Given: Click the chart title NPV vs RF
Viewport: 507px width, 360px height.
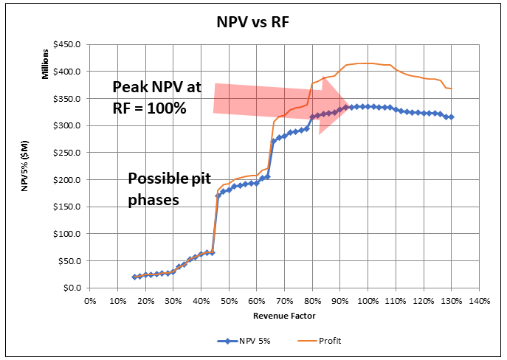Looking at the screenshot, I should pyautogui.click(x=253, y=21).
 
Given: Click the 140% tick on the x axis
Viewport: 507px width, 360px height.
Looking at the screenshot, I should pyautogui.click(x=479, y=301).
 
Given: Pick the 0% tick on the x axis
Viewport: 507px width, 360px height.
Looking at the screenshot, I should pyautogui.click(x=90, y=301).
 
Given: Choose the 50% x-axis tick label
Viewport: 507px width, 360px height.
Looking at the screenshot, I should pyautogui.click(x=229, y=301).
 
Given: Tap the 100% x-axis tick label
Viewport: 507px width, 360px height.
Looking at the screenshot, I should pyautogui.click(x=368, y=301).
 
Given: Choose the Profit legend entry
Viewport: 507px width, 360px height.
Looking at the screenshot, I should pyautogui.click(x=330, y=341).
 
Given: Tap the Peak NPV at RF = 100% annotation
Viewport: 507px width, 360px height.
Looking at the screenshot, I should pyautogui.click(x=156, y=97).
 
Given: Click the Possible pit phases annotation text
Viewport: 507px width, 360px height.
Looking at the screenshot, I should pyautogui.click(x=164, y=189).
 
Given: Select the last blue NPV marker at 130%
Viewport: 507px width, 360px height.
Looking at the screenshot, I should pyautogui.click(x=451, y=117).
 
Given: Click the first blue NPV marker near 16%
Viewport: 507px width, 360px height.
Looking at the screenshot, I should pyautogui.click(x=134, y=277).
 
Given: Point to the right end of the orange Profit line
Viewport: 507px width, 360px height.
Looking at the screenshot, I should pyautogui.click(x=452, y=89).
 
